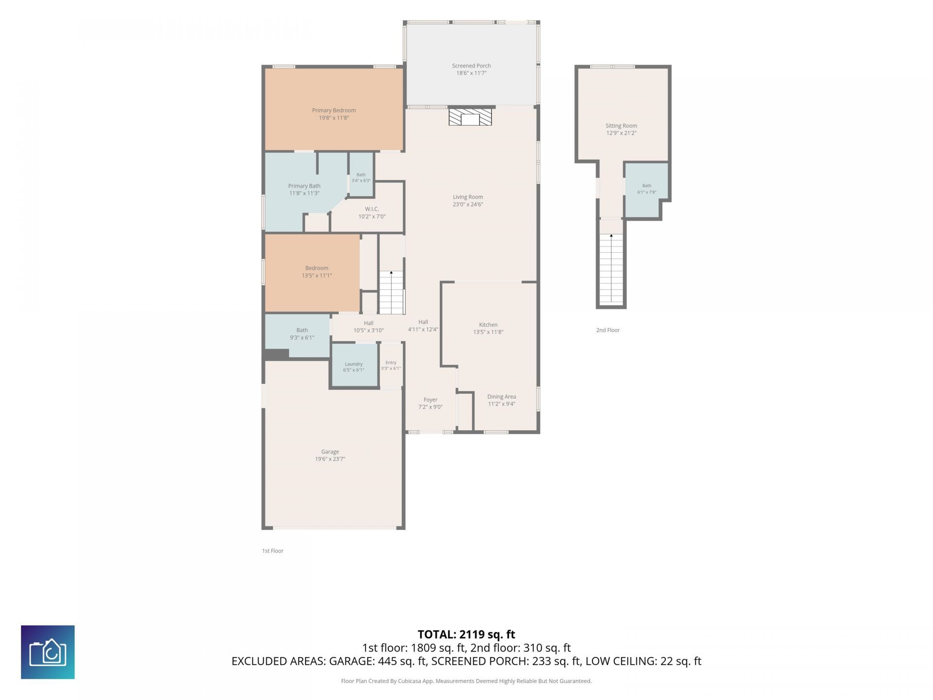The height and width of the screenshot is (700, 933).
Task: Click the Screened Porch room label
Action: click(x=471, y=66)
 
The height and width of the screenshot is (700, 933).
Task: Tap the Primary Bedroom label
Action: click(x=334, y=110)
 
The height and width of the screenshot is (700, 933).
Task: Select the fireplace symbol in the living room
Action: click(x=470, y=117)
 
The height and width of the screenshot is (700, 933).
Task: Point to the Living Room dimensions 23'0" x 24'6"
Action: click(x=468, y=205)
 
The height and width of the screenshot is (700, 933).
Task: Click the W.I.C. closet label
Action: click(x=372, y=209)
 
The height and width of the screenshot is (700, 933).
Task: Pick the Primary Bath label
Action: click(x=304, y=186)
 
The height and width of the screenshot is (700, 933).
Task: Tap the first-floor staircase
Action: click(x=392, y=292)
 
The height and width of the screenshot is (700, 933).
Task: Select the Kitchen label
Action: click(x=488, y=325)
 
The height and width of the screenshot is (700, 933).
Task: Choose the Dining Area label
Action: click(x=501, y=397)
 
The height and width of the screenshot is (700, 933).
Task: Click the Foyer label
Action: click(x=431, y=400)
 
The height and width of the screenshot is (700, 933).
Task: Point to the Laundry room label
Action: click(x=354, y=364)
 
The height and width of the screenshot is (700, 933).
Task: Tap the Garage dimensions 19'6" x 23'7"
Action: click(x=330, y=459)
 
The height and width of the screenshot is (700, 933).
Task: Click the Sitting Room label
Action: click(x=621, y=125)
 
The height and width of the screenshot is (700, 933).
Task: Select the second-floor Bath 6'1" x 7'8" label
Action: click(x=647, y=189)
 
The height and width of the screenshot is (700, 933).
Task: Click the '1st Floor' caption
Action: click(x=273, y=551)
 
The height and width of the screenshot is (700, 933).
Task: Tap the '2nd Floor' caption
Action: click(x=608, y=330)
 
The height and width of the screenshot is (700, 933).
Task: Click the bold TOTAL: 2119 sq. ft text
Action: click(x=466, y=634)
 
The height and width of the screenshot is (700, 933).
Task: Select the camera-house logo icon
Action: click(x=48, y=652)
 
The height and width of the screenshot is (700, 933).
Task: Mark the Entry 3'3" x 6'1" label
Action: click(x=391, y=365)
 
